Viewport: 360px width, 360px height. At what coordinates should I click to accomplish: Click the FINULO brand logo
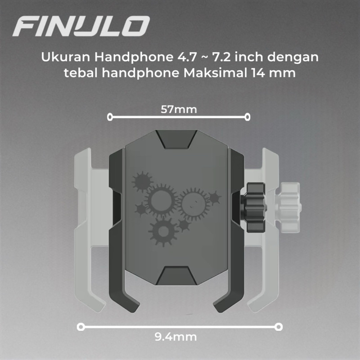tap(81, 26)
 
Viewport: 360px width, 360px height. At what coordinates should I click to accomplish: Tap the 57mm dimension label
tap(179, 109)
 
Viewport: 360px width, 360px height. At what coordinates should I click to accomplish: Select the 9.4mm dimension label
tap(175, 337)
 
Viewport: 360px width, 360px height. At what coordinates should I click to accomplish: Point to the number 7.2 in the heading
tap(221, 57)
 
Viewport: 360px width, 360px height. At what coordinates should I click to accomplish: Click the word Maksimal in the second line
tap(215, 73)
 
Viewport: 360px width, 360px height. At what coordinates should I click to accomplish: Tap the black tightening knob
tap(254, 207)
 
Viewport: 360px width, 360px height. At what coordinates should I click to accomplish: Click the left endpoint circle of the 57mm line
tap(110, 117)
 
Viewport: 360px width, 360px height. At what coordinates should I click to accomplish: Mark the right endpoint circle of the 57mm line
tap(247, 117)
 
